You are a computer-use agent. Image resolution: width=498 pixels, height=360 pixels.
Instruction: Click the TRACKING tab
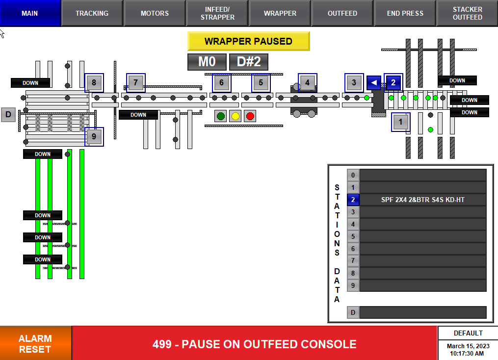click(92, 13)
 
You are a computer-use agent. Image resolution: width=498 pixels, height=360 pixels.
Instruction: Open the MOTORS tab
click(155, 13)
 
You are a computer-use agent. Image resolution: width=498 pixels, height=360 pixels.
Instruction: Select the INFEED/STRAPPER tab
click(217, 13)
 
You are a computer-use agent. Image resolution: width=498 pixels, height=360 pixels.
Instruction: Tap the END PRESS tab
click(405, 13)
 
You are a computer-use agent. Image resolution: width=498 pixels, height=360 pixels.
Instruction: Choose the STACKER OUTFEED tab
click(467, 13)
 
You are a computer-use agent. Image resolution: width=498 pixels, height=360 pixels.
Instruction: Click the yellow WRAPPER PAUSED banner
click(248, 41)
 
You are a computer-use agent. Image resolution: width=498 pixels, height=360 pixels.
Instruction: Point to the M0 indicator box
click(207, 62)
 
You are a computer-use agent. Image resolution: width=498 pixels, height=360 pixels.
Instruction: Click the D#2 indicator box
click(249, 62)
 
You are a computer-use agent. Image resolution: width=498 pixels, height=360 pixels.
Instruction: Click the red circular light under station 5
click(250, 116)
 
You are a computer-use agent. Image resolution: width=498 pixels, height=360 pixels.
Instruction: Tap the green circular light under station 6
click(221, 116)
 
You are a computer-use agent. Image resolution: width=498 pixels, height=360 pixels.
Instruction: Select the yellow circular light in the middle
click(236, 116)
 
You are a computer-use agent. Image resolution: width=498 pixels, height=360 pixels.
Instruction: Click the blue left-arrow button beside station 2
click(374, 82)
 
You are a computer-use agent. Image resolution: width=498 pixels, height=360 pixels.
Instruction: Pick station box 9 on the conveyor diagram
click(94, 136)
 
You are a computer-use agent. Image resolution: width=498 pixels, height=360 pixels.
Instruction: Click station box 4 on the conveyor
click(307, 83)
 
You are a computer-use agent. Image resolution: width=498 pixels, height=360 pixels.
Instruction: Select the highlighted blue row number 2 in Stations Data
click(353, 200)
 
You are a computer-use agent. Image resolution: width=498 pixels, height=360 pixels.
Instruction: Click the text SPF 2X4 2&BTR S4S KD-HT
click(423, 200)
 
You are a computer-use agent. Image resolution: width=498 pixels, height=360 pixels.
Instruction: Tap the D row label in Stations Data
click(353, 312)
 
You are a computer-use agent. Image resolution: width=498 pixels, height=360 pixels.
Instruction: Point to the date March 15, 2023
click(467, 346)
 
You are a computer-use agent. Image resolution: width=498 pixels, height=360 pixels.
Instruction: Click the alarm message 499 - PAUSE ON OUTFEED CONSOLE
click(255, 344)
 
